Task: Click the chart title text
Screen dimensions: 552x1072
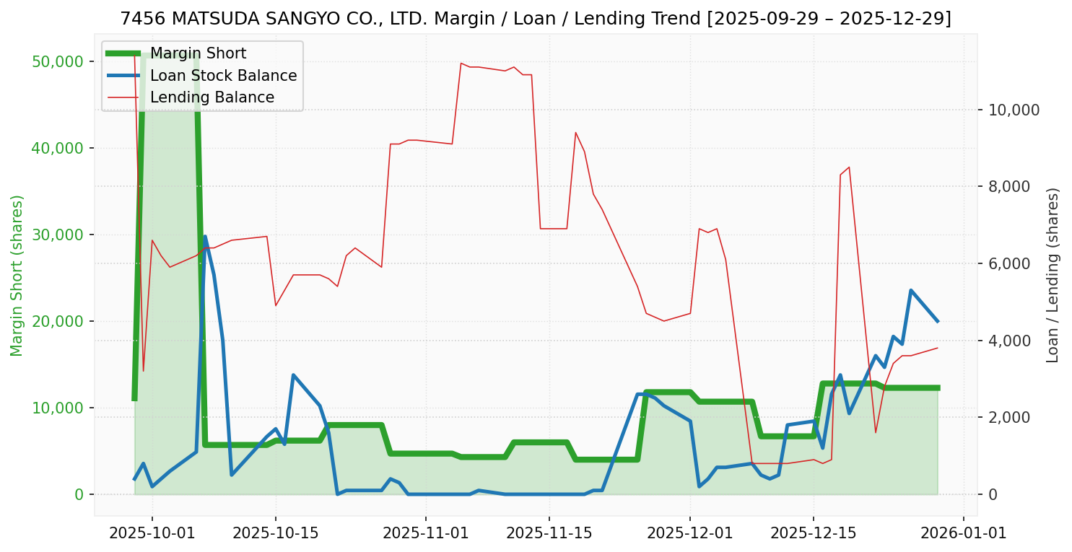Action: pyautogui.click(x=536, y=19)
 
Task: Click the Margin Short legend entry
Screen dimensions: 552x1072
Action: pyautogui.click(x=198, y=53)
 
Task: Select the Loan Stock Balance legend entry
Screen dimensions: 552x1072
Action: pyautogui.click(x=223, y=76)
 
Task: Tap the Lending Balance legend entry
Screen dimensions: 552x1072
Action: pyautogui.click(x=212, y=97)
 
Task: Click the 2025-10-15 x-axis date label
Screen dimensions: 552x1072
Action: pyautogui.click(x=276, y=533)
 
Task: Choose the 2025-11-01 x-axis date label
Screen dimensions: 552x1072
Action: pyautogui.click(x=426, y=533)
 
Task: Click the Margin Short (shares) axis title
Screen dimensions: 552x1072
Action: pyautogui.click(x=17, y=276)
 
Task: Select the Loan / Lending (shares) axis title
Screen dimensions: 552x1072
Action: pyautogui.click(x=1053, y=275)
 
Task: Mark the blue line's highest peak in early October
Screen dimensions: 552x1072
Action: pyautogui.click(x=205, y=237)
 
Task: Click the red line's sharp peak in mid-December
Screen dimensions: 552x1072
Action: pyautogui.click(x=849, y=167)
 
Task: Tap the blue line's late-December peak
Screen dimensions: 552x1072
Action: pyautogui.click(x=911, y=291)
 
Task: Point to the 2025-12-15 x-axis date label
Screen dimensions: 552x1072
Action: pyautogui.click(x=814, y=533)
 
